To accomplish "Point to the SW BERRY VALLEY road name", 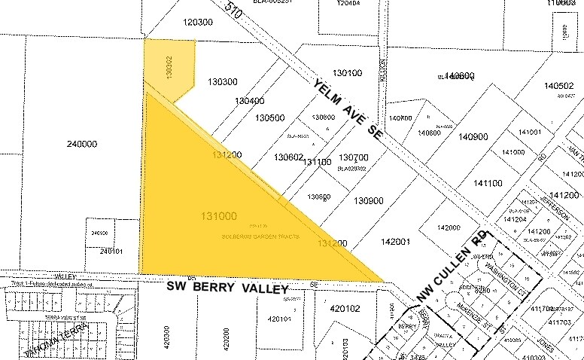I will (228, 288).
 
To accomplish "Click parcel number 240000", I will (82, 144).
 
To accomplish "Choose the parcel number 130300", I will (223, 81).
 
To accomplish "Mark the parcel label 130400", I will (249, 100).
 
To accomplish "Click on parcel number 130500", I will (269, 118).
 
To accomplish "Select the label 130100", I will (346, 73).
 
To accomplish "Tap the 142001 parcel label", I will (396, 242).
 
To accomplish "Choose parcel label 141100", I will (488, 183).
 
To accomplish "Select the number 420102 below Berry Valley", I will (345, 307).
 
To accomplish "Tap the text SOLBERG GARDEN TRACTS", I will (261, 236).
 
